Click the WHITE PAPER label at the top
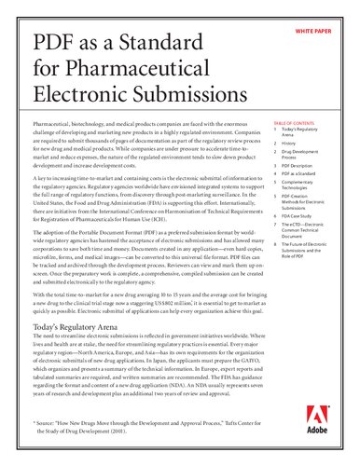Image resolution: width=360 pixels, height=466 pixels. click(319, 32)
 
